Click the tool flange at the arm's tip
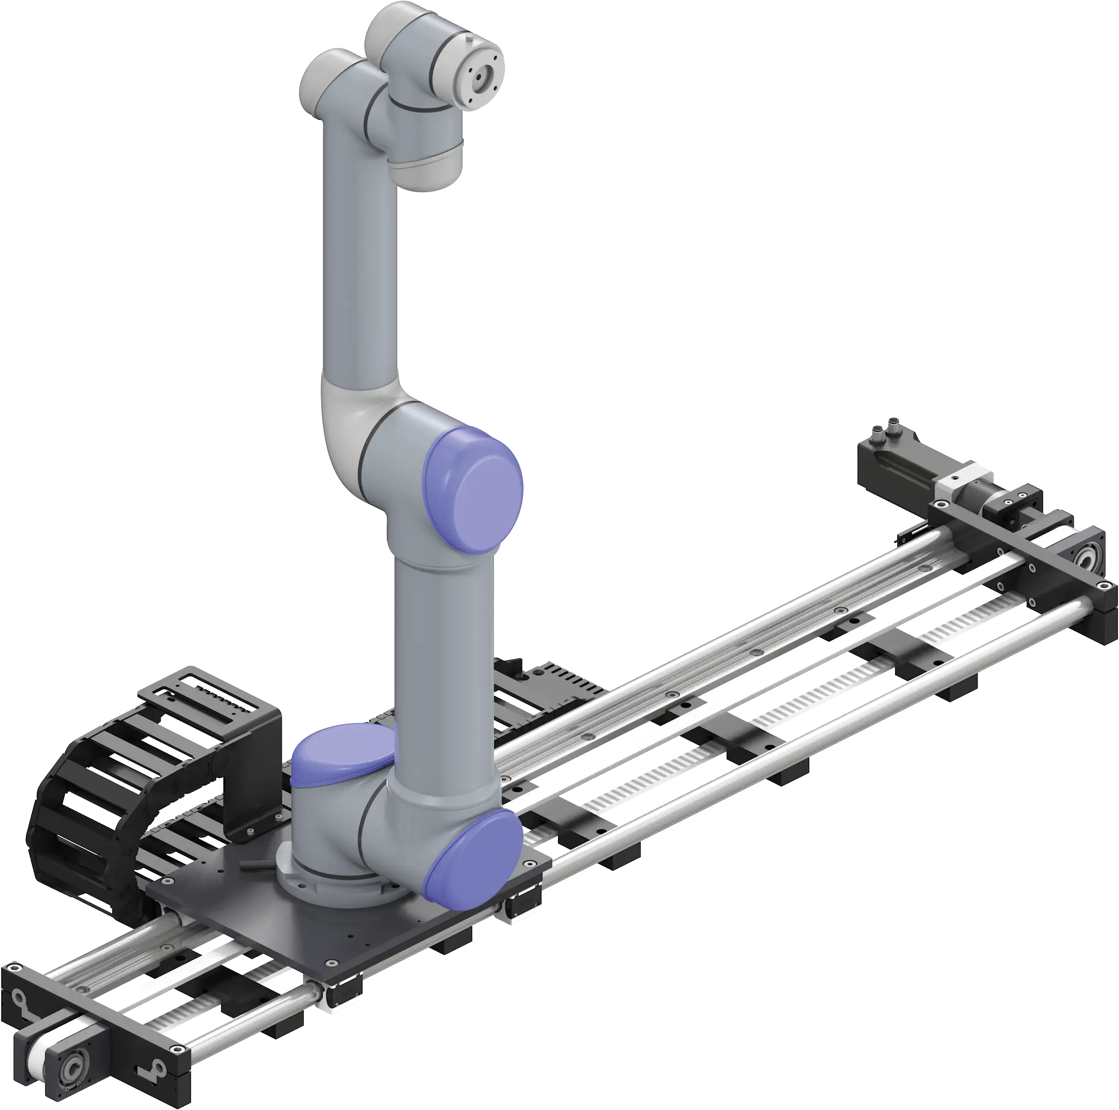479,76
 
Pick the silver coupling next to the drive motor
954,482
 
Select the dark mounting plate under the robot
325,933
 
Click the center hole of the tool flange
480,76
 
